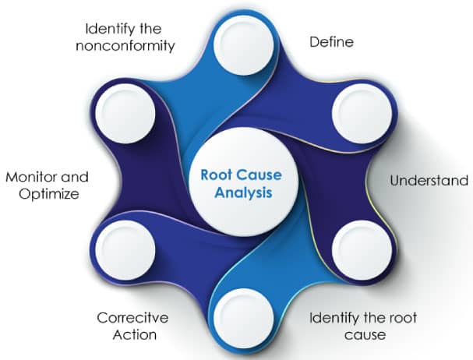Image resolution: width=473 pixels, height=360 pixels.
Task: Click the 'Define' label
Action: tap(332, 41)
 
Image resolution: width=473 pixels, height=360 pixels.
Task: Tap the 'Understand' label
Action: tap(429, 181)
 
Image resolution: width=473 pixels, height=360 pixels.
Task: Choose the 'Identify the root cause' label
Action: tap(363, 326)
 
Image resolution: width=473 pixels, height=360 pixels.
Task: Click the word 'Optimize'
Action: tap(42, 193)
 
